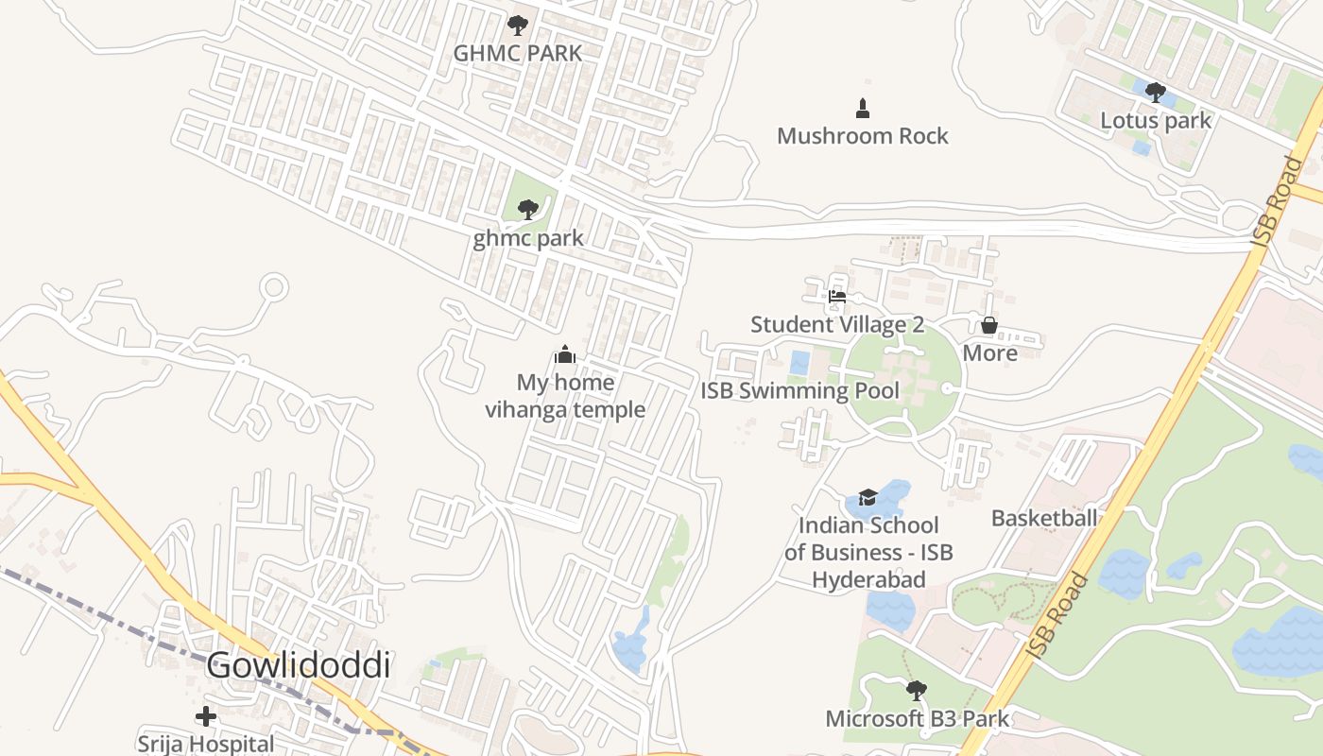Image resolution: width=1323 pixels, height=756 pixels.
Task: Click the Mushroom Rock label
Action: coord(862,136)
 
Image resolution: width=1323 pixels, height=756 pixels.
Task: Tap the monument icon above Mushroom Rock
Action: coord(862,109)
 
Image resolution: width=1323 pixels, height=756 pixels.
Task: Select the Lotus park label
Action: coord(1155,120)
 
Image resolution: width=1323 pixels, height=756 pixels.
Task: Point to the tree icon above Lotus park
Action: coord(1155,92)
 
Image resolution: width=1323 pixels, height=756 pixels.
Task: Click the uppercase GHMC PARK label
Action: coord(517,53)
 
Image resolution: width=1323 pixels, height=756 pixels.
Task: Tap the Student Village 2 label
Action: coord(836,324)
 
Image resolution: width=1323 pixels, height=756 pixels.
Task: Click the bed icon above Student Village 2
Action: coord(836,297)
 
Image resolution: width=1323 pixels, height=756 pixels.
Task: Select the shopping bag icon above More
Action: coord(989,325)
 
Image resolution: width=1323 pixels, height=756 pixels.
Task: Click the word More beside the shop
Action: coord(989,353)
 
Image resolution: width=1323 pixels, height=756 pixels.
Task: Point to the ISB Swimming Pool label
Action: coord(799,390)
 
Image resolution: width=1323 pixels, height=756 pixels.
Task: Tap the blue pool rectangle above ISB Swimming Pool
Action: coord(799,363)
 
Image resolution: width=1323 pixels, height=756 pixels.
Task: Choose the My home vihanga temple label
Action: coord(565,396)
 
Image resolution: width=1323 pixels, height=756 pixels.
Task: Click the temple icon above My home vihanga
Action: coord(565,354)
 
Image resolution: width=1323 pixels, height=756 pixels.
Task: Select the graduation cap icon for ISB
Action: coord(868,497)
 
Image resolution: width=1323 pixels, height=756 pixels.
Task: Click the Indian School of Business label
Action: coord(868,552)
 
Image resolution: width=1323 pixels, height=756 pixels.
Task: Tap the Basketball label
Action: coord(1044,518)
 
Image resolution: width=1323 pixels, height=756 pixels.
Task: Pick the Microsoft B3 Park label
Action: coord(917,718)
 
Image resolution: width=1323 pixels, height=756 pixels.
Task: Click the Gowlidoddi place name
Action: coord(298,665)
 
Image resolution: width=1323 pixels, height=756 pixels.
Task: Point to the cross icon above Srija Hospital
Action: coord(205,716)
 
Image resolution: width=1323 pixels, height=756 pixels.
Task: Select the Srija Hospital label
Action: coord(205,744)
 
